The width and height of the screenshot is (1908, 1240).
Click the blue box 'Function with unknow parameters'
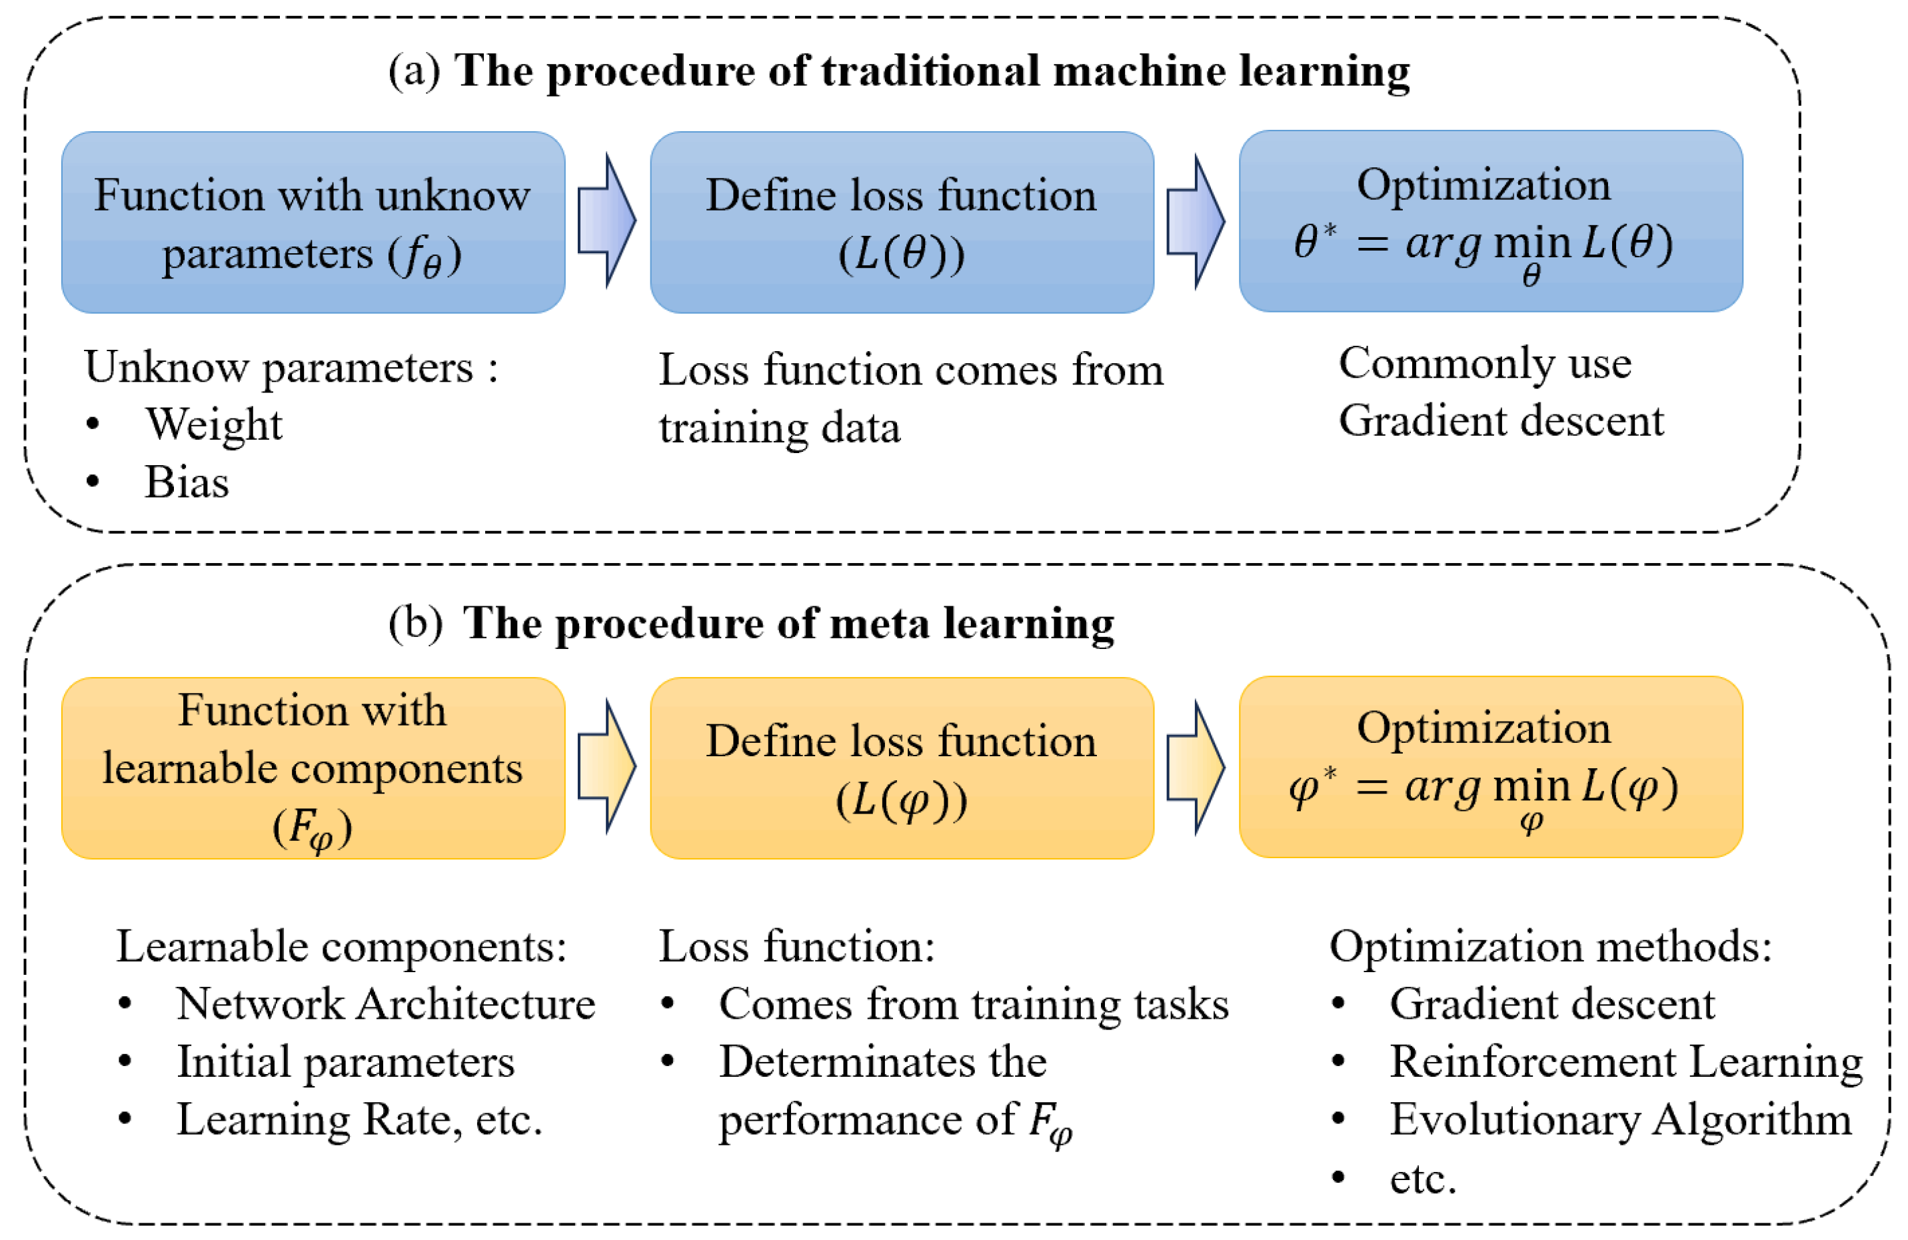click(313, 222)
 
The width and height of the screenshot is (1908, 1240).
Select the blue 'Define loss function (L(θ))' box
click(901, 222)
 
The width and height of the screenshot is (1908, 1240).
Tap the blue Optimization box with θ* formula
click(1490, 221)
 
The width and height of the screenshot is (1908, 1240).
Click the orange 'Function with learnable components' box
click(313, 768)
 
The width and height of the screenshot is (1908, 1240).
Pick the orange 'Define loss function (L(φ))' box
click(901, 768)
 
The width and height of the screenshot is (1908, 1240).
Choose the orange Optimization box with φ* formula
click(1490, 767)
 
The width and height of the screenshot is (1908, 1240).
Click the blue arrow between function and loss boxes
click(607, 220)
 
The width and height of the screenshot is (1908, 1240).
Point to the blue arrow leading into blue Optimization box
click(1196, 221)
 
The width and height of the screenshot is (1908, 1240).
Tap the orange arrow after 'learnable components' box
click(607, 766)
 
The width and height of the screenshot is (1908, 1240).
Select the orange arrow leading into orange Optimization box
click(1196, 767)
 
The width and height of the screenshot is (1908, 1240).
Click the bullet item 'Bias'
click(187, 482)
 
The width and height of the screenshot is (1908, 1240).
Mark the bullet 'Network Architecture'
click(386, 1003)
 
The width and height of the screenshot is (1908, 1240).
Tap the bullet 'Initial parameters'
click(345, 1061)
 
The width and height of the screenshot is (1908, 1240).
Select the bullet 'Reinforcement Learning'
click(1626, 1061)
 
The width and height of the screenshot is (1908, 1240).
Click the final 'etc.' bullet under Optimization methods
click(1423, 1178)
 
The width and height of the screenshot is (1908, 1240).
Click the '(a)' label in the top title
click(414, 71)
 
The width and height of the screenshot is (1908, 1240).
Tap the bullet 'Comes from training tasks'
click(973, 1003)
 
